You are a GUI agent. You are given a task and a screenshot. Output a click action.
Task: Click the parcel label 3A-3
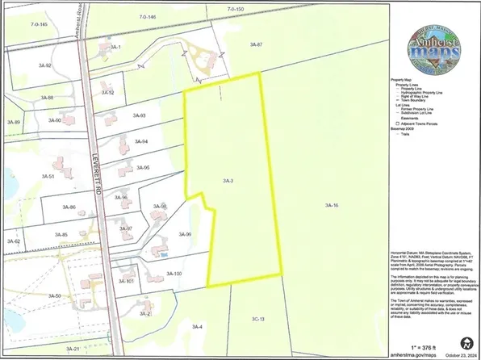(228, 180)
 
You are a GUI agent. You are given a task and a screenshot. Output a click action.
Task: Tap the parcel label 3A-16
(331, 207)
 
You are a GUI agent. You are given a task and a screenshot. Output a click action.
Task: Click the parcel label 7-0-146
(146, 16)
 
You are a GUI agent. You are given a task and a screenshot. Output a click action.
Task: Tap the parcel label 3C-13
(258, 319)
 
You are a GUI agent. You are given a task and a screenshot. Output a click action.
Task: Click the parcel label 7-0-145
(38, 24)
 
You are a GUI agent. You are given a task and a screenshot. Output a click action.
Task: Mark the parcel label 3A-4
(197, 326)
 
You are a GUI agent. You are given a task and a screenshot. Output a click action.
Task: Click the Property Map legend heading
(404, 81)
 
